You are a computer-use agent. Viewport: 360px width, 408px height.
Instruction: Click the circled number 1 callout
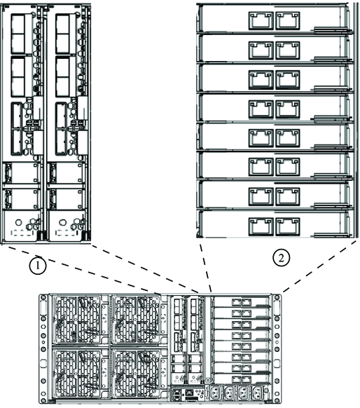(x=38, y=266)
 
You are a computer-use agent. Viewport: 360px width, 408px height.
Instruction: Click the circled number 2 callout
(x=282, y=258)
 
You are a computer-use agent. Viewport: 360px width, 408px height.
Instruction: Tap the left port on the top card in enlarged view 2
(x=261, y=20)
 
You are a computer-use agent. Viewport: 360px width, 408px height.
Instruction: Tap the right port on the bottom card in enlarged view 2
(x=288, y=226)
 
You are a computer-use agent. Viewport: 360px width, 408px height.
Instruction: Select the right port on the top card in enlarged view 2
(x=288, y=20)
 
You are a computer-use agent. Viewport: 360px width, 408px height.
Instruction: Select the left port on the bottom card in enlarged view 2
(x=261, y=226)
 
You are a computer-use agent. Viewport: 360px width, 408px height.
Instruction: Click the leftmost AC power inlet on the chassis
(x=216, y=391)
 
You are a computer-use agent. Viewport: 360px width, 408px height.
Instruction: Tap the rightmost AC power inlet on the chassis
(x=257, y=391)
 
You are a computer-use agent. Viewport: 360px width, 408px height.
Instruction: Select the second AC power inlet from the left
(x=230, y=391)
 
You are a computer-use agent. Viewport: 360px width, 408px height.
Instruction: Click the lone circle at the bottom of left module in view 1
(x=18, y=222)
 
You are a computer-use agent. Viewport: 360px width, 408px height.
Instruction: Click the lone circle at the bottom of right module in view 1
(x=62, y=222)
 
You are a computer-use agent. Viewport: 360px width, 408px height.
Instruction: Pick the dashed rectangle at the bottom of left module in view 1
(x=22, y=233)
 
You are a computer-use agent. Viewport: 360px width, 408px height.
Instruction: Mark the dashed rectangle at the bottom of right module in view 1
(x=67, y=233)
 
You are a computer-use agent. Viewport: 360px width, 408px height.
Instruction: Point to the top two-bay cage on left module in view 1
(x=18, y=34)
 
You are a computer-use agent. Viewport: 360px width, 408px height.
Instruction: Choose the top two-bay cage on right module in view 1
(x=62, y=34)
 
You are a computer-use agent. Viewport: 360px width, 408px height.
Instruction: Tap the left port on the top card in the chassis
(x=236, y=302)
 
